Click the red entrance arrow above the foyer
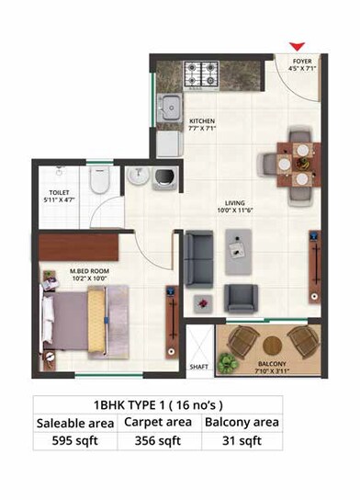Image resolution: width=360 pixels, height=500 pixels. coord(297,46)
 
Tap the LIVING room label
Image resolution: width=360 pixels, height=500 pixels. coord(243,208)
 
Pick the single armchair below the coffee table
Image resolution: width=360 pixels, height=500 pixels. coord(242,297)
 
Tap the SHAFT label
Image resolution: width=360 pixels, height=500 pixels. coord(197,367)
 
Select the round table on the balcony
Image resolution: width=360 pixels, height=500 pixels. coord(267,341)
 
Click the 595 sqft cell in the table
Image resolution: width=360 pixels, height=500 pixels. coord(75,440)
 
